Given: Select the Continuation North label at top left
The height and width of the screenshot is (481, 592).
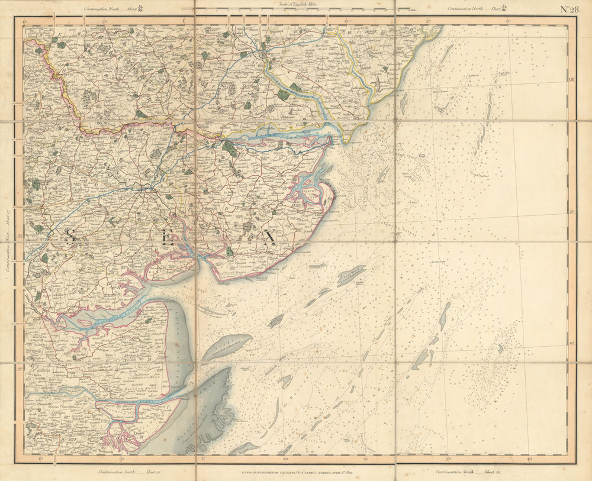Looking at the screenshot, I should pos(112,9).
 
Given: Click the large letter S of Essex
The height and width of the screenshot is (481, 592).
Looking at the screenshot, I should pos(70,238).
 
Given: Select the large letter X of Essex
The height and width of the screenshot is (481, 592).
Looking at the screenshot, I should pos(270,238).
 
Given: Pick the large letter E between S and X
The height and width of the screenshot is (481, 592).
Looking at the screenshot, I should pos(168,239).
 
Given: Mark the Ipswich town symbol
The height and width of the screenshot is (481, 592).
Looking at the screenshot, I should pos(263,55).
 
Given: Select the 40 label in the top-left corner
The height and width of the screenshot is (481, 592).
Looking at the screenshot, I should pos(25,22).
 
